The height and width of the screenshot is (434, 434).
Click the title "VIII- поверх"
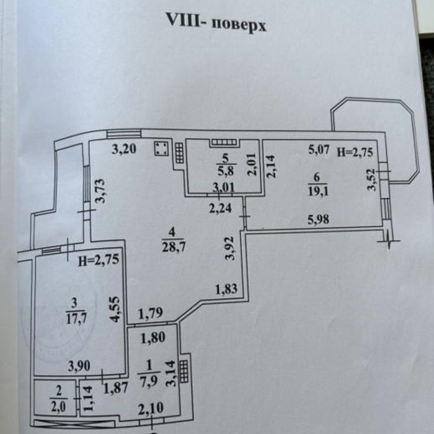[216, 24]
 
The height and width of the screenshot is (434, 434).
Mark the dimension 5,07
[321, 149]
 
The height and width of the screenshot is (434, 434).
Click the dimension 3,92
[231, 248]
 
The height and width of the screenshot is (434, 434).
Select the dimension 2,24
[221, 209]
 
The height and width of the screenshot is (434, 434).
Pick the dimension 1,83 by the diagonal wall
[226, 288]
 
